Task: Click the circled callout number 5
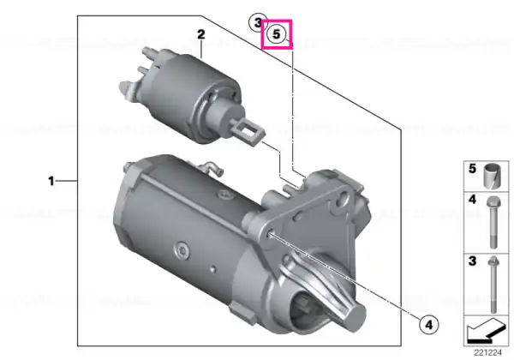pyautogui.click(x=277, y=33)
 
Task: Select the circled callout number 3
pyautogui.click(x=258, y=22)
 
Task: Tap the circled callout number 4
pyautogui.click(x=429, y=325)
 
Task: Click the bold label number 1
pyautogui.click(x=51, y=181)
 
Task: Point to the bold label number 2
pyautogui.click(x=201, y=34)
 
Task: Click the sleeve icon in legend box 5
pyautogui.click(x=493, y=176)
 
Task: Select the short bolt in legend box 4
pyautogui.click(x=493, y=222)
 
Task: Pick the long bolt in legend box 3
pyautogui.click(x=493, y=285)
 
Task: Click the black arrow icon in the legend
pyautogui.click(x=487, y=331)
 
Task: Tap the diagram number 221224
pyautogui.click(x=487, y=352)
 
